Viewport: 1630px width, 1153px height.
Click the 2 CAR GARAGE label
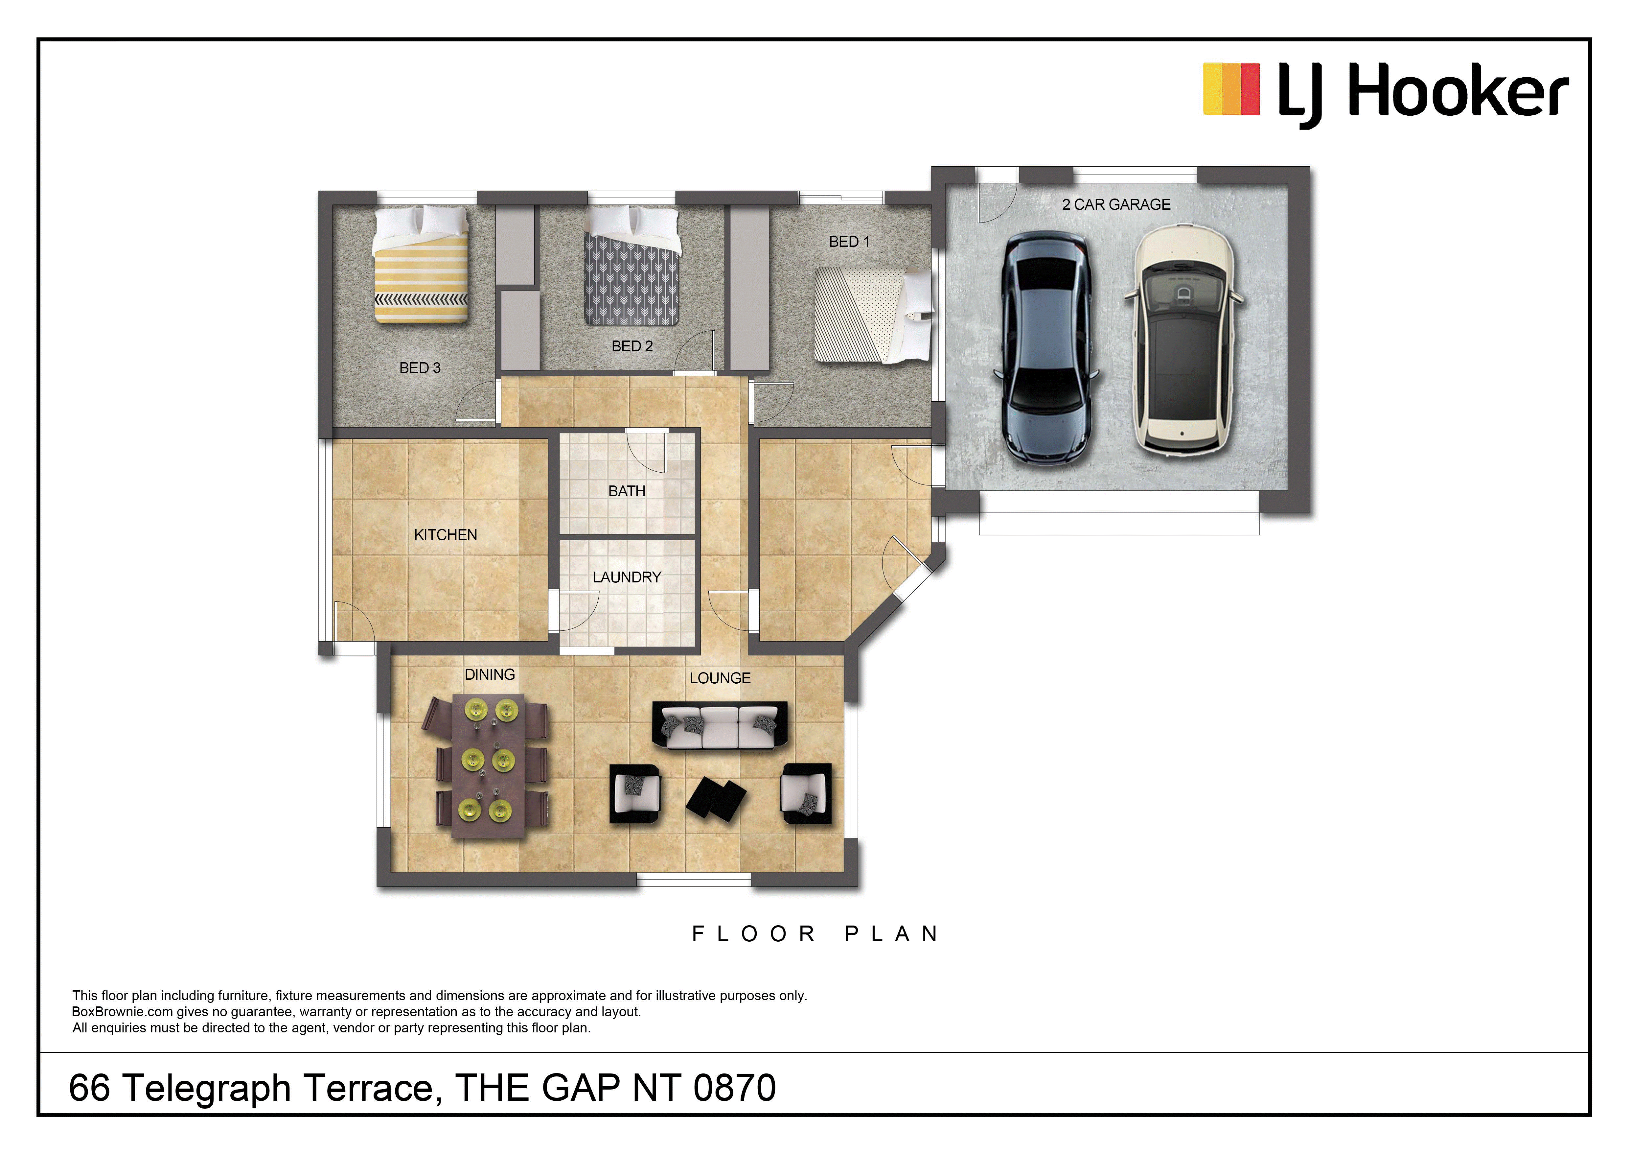point(1116,204)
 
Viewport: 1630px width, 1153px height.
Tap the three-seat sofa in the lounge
point(720,725)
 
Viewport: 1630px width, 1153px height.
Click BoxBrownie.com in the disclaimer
point(122,1012)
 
